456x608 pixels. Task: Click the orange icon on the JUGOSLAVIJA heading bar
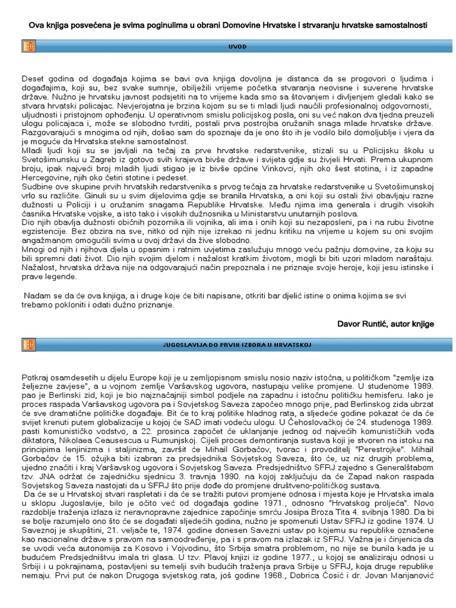[28, 344]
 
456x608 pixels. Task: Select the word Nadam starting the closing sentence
[37, 296]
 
